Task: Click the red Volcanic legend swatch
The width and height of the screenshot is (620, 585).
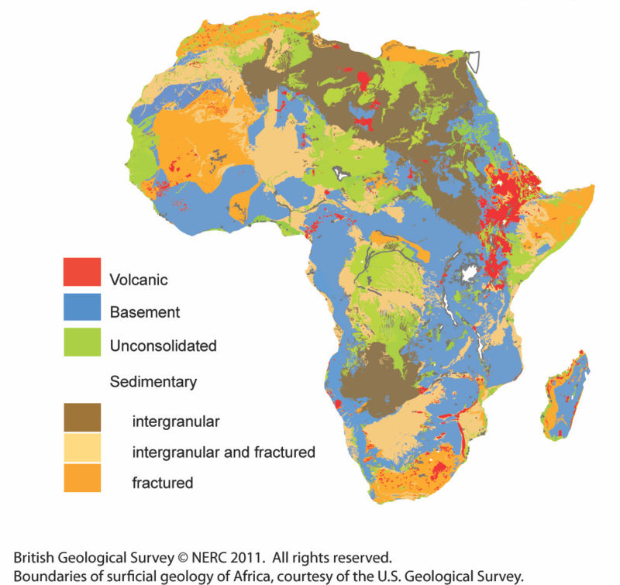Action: tap(81, 271)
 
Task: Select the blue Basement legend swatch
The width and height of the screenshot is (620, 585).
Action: tap(81, 308)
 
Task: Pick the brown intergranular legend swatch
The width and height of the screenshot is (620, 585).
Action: tap(81, 418)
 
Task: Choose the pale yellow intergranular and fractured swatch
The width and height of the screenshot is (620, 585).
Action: tap(81, 449)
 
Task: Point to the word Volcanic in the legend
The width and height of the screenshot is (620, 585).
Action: tap(139, 280)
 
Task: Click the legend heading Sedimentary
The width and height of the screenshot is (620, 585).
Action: tap(153, 381)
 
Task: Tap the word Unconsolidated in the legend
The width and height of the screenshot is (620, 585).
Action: tap(163, 346)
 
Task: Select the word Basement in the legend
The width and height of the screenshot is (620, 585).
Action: tap(145, 312)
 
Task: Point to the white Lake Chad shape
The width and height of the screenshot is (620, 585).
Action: tap(338, 175)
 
